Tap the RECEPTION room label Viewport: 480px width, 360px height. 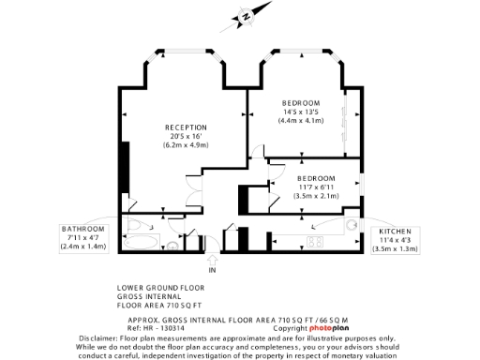coord(186,127)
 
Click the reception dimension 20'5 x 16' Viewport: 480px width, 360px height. coord(186,136)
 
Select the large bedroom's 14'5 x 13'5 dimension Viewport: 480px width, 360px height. coord(302,112)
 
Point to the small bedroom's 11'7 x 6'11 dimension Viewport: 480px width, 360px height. coord(316,187)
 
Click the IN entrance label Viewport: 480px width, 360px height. coord(212,271)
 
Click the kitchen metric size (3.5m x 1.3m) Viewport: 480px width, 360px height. coord(395,248)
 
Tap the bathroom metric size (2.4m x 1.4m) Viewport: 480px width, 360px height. coord(83,246)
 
